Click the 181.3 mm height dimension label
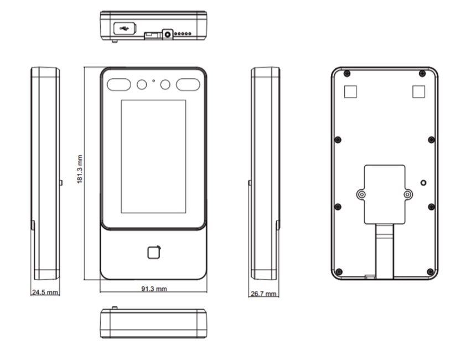(80, 169)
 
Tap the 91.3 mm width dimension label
(154, 289)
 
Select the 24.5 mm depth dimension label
(45, 292)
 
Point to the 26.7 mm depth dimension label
(263, 294)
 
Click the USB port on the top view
(125, 29)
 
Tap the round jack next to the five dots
(168, 34)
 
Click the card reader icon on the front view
(154, 253)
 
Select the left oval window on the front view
(119, 85)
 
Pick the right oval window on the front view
(188, 85)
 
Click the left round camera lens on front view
(142, 85)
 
